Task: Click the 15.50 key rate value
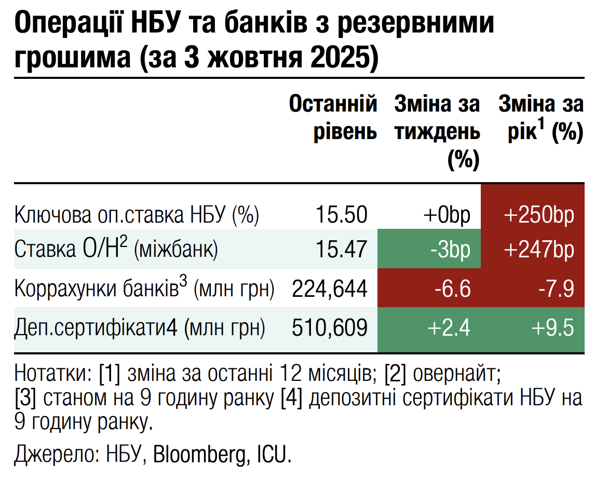click(342, 214)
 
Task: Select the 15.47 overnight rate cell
click(342, 250)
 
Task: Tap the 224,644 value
click(330, 288)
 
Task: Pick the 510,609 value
click(330, 327)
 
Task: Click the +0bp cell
click(447, 214)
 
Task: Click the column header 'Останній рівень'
click(333, 118)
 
